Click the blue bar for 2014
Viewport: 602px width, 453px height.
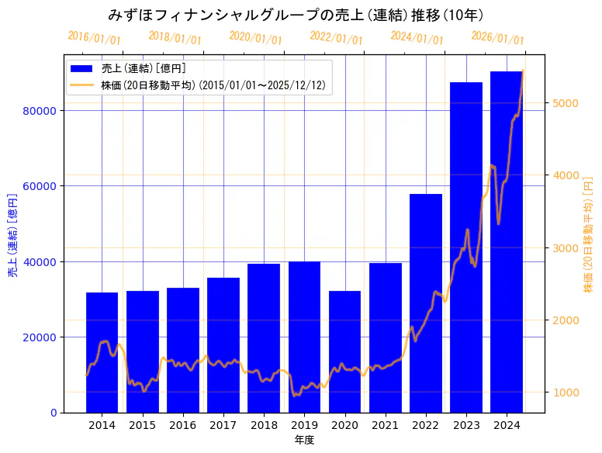(102, 353)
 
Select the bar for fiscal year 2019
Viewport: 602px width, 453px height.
(304, 337)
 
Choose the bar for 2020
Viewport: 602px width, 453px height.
(344, 352)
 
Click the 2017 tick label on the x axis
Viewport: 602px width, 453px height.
(223, 425)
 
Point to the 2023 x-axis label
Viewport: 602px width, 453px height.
(465, 425)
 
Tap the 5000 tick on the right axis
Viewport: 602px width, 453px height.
(565, 103)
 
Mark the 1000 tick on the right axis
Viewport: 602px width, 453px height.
(565, 392)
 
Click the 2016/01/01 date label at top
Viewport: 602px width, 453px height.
(94, 38)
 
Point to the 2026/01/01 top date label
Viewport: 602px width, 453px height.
(497, 38)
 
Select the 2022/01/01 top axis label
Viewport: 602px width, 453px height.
(336, 38)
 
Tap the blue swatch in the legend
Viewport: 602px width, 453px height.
(81, 69)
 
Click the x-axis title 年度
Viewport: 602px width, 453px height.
(304, 440)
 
